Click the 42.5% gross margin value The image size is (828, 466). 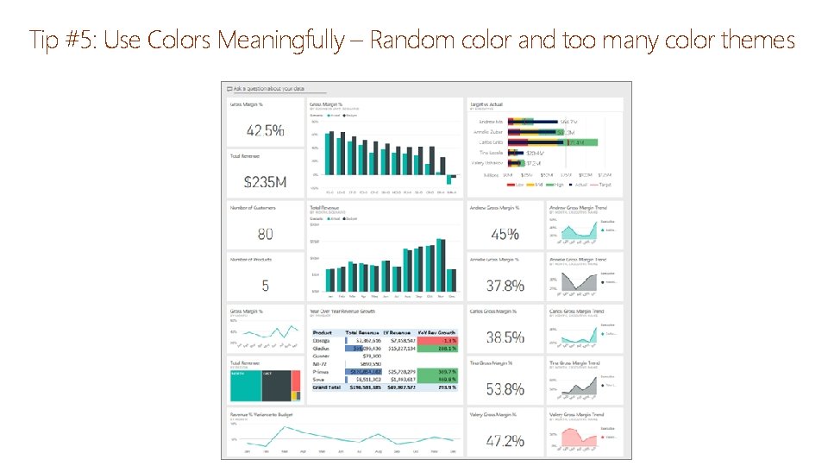click(266, 131)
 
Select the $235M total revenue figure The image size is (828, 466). click(266, 182)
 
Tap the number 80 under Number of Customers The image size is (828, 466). click(266, 234)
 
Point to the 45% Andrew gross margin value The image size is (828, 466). click(505, 234)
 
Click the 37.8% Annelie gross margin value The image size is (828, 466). click(505, 285)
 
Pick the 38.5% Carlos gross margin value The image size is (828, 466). click(505, 337)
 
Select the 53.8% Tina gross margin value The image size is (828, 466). click(505, 388)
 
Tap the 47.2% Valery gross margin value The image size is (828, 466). click(505, 440)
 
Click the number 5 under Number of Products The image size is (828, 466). click(266, 285)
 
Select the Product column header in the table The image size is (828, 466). click(322, 332)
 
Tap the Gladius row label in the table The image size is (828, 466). click(322, 348)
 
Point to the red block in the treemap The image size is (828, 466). click(296, 396)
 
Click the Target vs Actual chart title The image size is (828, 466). click(486, 104)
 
